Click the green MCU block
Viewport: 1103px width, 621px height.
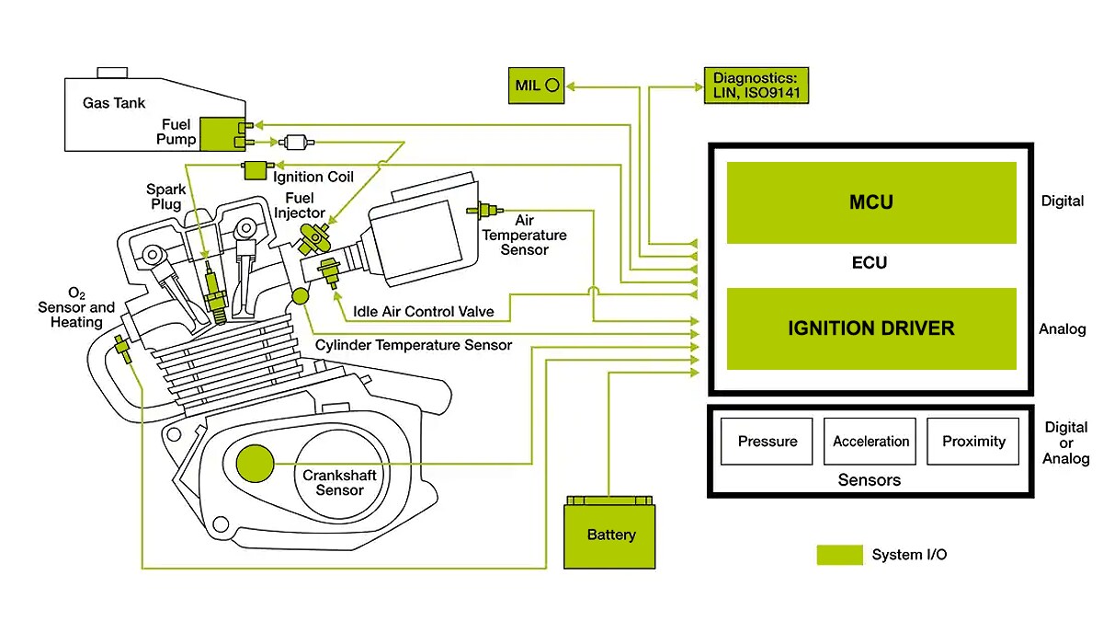870,202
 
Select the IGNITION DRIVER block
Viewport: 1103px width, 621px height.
870,328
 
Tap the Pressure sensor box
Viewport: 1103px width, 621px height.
768,442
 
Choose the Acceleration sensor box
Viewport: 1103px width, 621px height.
870,442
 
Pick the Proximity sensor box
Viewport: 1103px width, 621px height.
973,442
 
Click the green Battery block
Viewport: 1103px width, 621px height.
610,534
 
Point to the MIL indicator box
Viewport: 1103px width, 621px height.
538,86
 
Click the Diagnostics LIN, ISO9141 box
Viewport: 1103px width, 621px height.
756,86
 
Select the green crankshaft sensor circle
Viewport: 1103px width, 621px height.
256,464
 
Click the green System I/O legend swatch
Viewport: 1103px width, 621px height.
839,555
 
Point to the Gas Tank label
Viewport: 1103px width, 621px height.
114,104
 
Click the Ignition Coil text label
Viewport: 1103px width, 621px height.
312,177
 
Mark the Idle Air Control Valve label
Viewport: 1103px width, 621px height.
424,312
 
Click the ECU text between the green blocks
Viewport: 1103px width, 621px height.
870,263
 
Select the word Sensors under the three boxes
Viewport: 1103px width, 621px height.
870,480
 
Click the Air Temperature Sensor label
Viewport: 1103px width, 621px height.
524,235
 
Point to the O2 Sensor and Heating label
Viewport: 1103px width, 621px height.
76,307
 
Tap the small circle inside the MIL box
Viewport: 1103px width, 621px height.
551,86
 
